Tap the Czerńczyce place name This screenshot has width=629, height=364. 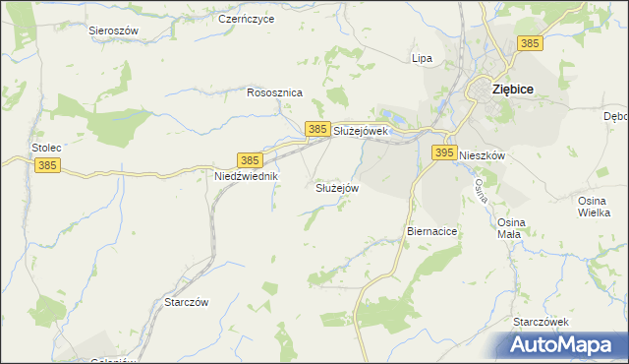(x=246, y=19)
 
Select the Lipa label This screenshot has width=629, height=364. (x=422, y=58)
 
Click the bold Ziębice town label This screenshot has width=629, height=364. (x=512, y=89)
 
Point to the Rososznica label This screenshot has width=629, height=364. (x=274, y=92)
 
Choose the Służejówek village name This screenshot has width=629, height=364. (x=363, y=130)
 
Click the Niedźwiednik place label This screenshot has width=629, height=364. (x=248, y=176)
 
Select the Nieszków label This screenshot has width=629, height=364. (x=482, y=155)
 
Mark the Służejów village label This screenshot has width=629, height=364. (x=337, y=188)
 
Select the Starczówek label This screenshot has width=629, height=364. (x=542, y=322)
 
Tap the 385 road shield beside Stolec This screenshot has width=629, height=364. (x=47, y=166)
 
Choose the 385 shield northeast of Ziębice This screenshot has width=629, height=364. (x=530, y=43)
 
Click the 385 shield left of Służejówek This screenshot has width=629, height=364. (x=316, y=129)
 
